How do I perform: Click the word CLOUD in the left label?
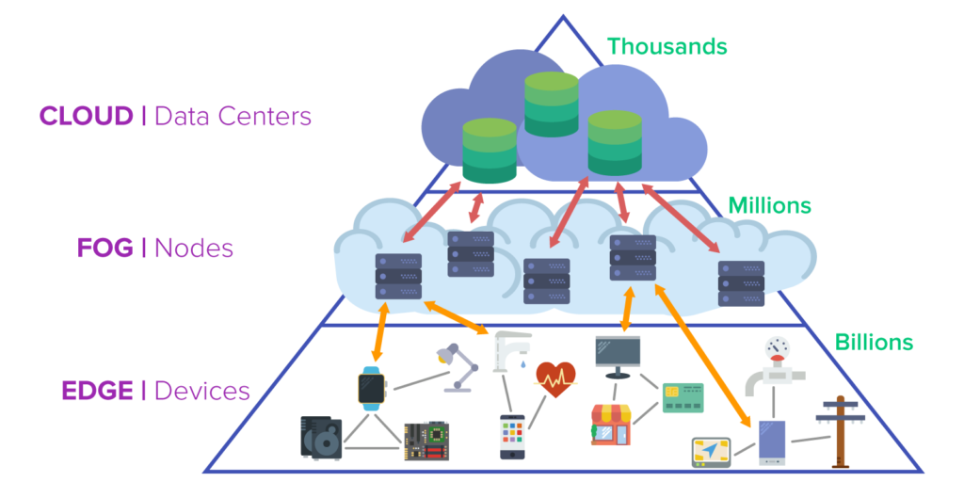(x=86, y=117)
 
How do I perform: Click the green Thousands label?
(x=666, y=45)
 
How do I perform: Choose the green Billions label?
(x=875, y=342)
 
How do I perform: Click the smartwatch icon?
(x=371, y=387)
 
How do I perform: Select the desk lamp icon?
(x=454, y=368)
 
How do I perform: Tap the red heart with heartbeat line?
(x=555, y=379)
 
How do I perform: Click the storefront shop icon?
(x=609, y=424)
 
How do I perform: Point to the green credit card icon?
(x=683, y=397)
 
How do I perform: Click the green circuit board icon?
(x=426, y=440)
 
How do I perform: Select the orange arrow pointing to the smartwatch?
(x=380, y=330)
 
